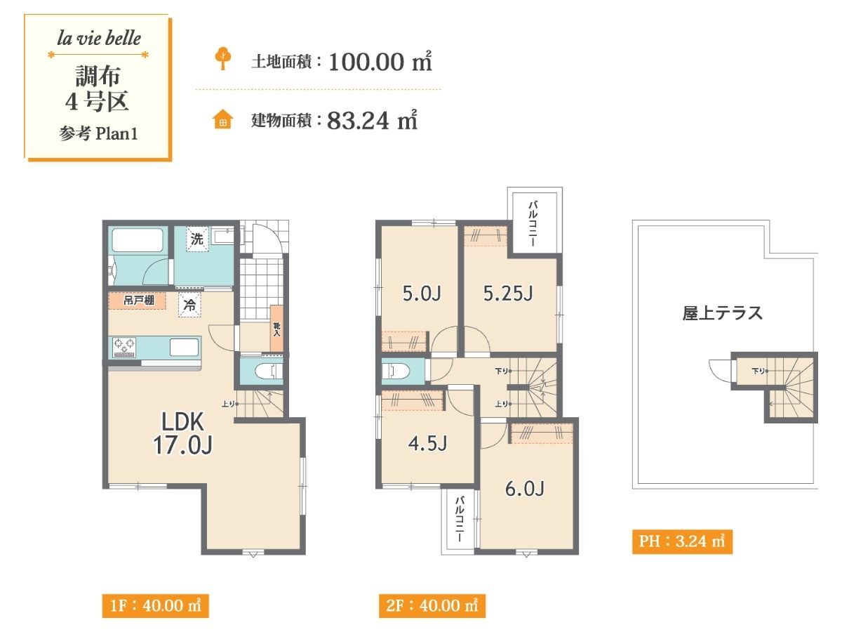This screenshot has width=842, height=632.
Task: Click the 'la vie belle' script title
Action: click(x=99, y=39)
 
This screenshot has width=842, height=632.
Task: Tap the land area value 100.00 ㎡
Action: click(x=380, y=61)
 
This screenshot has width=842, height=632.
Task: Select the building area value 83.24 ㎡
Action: click(x=372, y=120)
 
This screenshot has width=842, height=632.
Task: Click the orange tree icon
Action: click(x=223, y=58)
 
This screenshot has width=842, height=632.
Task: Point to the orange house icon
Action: click(x=223, y=119)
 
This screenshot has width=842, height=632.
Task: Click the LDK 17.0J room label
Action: click(x=182, y=433)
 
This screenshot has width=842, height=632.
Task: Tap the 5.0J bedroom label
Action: click(x=422, y=294)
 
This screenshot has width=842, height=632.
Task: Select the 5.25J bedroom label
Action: click(x=508, y=294)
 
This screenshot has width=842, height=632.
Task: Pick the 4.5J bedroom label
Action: click(x=427, y=443)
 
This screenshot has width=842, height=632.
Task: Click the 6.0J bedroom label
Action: click(x=524, y=489)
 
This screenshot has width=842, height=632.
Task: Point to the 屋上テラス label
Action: click(x=722, y=312)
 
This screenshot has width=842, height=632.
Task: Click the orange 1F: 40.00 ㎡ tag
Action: click(x=155, y=605)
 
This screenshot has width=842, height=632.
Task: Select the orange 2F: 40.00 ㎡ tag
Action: click(x=432, y=605)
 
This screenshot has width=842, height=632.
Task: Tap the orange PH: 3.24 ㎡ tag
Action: click(x=682, y=541)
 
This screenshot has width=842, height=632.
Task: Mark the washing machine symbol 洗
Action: click(x=197, y=239)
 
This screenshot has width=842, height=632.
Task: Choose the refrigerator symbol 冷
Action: click(x=189, y=305)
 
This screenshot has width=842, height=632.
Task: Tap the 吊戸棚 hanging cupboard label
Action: click(x=138, y=301)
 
